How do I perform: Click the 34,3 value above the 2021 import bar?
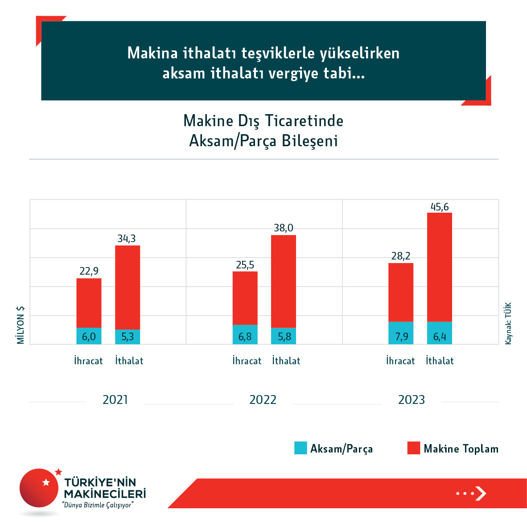coord(127,239)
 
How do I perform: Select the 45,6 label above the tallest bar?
coord(440,207)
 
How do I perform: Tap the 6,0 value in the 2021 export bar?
coord(89,337)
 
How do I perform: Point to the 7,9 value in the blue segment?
coord(401,337)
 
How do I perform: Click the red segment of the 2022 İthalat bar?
coord(284,281)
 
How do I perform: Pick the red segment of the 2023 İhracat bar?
coord(401,292)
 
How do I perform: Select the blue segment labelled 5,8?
coord(284,336)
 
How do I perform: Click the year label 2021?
coord(115,399)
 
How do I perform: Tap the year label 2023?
coord(412,399)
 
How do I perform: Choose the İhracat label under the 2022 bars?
coord(247,361)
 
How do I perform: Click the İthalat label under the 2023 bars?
coord(440,361)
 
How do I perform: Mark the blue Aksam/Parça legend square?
coord(301,448)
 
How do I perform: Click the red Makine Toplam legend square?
coord(414,448)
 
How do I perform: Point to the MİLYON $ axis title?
coord(21,325)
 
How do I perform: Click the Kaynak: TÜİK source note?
coord(508,323)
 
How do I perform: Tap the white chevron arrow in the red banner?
coord(481,494)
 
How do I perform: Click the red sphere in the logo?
coord(39,488)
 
